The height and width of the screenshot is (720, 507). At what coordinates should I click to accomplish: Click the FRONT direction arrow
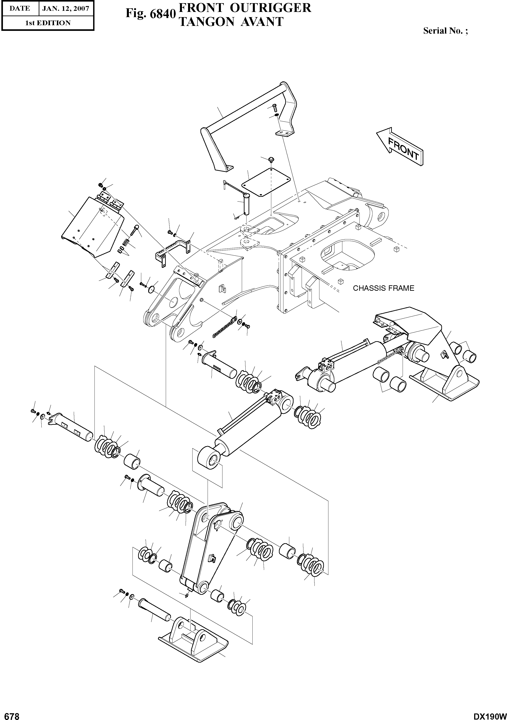click(400, 146)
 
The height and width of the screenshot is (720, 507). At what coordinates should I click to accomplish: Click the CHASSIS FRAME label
click(383, 288)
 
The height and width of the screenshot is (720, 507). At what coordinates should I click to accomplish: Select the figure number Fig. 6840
click(149, 14)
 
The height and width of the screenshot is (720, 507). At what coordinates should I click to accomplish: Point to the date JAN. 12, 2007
click(66, 9)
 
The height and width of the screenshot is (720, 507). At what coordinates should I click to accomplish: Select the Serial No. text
click(445, 31)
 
